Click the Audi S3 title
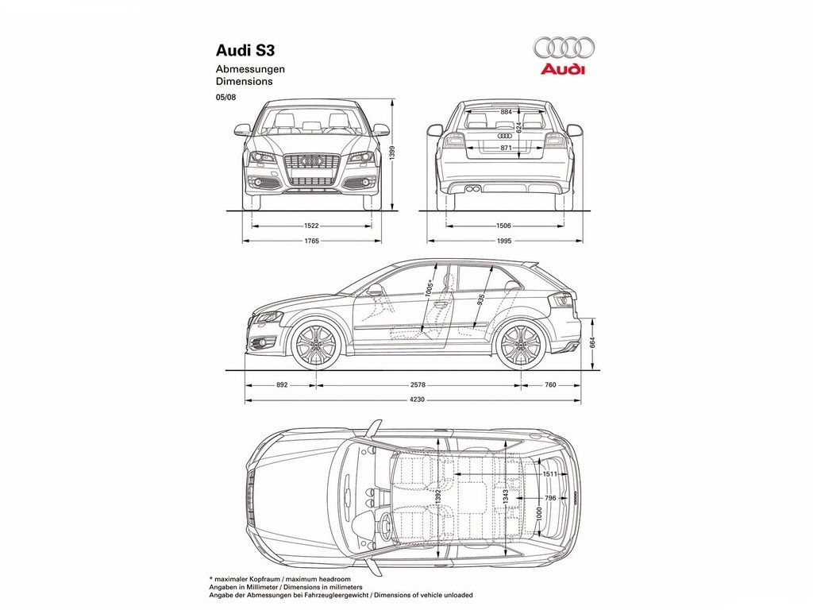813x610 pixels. point(245,50)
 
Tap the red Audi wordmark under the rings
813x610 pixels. point(563,70)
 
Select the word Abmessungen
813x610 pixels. point(250,69)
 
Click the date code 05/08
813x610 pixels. point(225,97)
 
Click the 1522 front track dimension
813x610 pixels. point(311,226)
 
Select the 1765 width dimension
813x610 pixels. point(311,241)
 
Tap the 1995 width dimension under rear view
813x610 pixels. point(504,241)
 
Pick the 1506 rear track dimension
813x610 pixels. point(504,226)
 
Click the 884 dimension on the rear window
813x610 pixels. point(506,111)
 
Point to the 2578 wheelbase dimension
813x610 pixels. point(418,385)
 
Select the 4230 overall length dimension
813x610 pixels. point(417,400)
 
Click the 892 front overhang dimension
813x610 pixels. point(282,385)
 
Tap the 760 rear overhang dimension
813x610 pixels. point(550,385)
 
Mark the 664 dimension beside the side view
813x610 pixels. point(592,343)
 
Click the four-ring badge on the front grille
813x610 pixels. point(311,161)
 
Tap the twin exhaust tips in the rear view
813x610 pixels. point(472,188)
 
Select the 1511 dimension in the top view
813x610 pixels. point(550,474)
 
